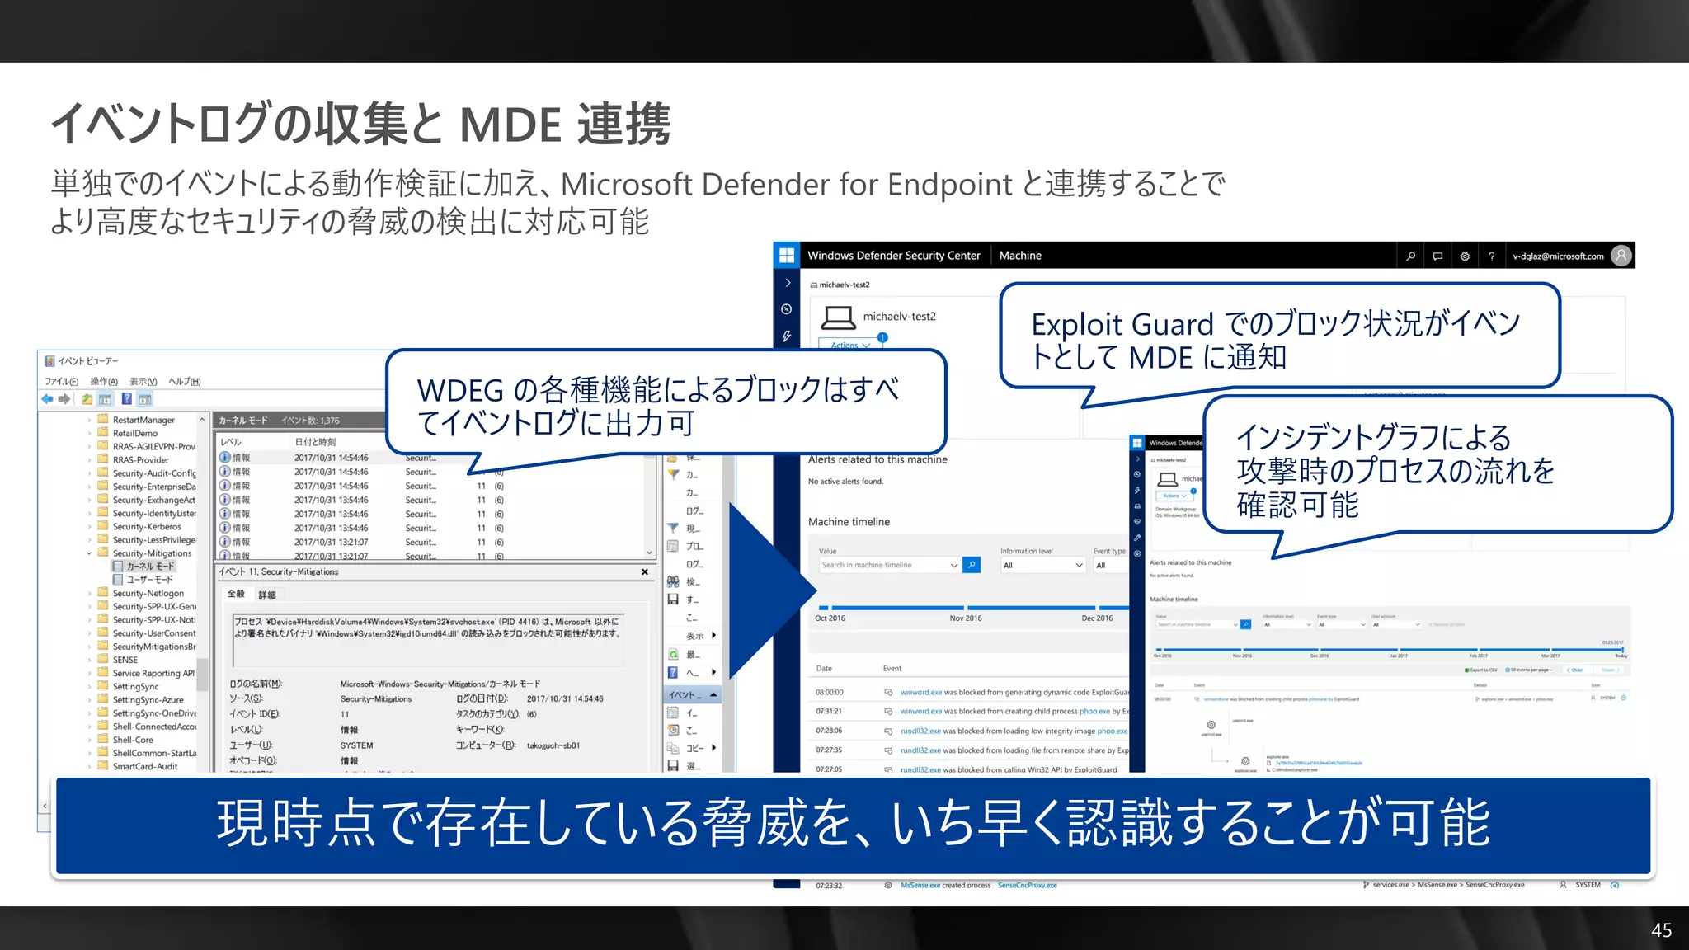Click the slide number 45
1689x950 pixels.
click(1661, 930)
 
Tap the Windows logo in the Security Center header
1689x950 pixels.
click(786, 256)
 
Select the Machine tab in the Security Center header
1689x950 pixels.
click(1020, 256)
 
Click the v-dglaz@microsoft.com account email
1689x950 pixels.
click(1558, 256)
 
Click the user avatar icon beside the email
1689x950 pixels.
click(1621, 256)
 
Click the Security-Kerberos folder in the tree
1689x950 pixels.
click(147, 527)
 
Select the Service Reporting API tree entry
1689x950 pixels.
click(153, 673)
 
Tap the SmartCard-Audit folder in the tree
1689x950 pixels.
click(145, 766)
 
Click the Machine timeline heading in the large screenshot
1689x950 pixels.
click(849, 522)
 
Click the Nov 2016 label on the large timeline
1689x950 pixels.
click(965, 618)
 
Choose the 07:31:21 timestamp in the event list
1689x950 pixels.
click(829, 711)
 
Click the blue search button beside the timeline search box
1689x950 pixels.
click(972, 565)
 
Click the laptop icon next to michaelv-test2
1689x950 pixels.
click(839, 317)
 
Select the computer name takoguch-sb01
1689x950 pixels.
click(553, 745)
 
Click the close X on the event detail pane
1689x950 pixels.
click(645, 571)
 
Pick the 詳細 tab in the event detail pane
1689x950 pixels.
click(266, 595)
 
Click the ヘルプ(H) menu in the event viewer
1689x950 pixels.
click(185, 382)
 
